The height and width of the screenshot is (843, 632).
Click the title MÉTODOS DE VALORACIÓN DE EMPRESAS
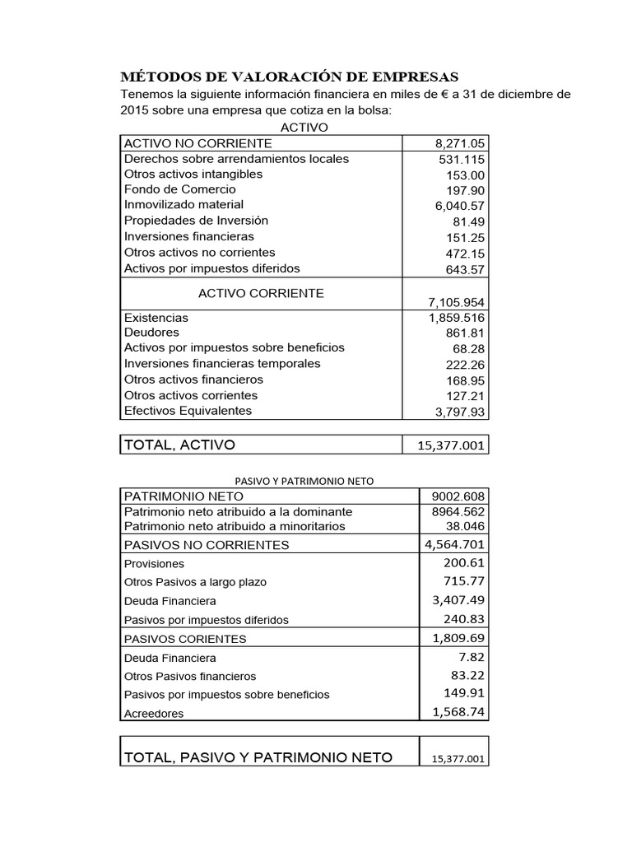(290, 77)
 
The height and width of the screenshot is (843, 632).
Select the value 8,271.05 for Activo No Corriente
(460, 144)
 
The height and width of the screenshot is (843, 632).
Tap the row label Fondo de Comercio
(179, 189)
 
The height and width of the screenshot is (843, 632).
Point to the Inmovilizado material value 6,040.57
(460, 206)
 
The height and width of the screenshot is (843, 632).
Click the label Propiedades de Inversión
(196, 221)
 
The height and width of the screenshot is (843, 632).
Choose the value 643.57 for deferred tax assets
(465, 269)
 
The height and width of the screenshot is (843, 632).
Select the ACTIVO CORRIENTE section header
(261, 293)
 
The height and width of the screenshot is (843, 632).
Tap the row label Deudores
(151, 333)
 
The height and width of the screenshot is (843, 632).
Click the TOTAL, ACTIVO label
(179, 445)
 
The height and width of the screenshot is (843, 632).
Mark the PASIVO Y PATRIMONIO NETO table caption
(304, 480)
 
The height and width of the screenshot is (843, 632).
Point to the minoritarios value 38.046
(465, 526)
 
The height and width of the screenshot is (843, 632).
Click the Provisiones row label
(154, 564)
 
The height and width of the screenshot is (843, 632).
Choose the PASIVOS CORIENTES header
(184, 639)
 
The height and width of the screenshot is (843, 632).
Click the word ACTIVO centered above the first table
(304, 128)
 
